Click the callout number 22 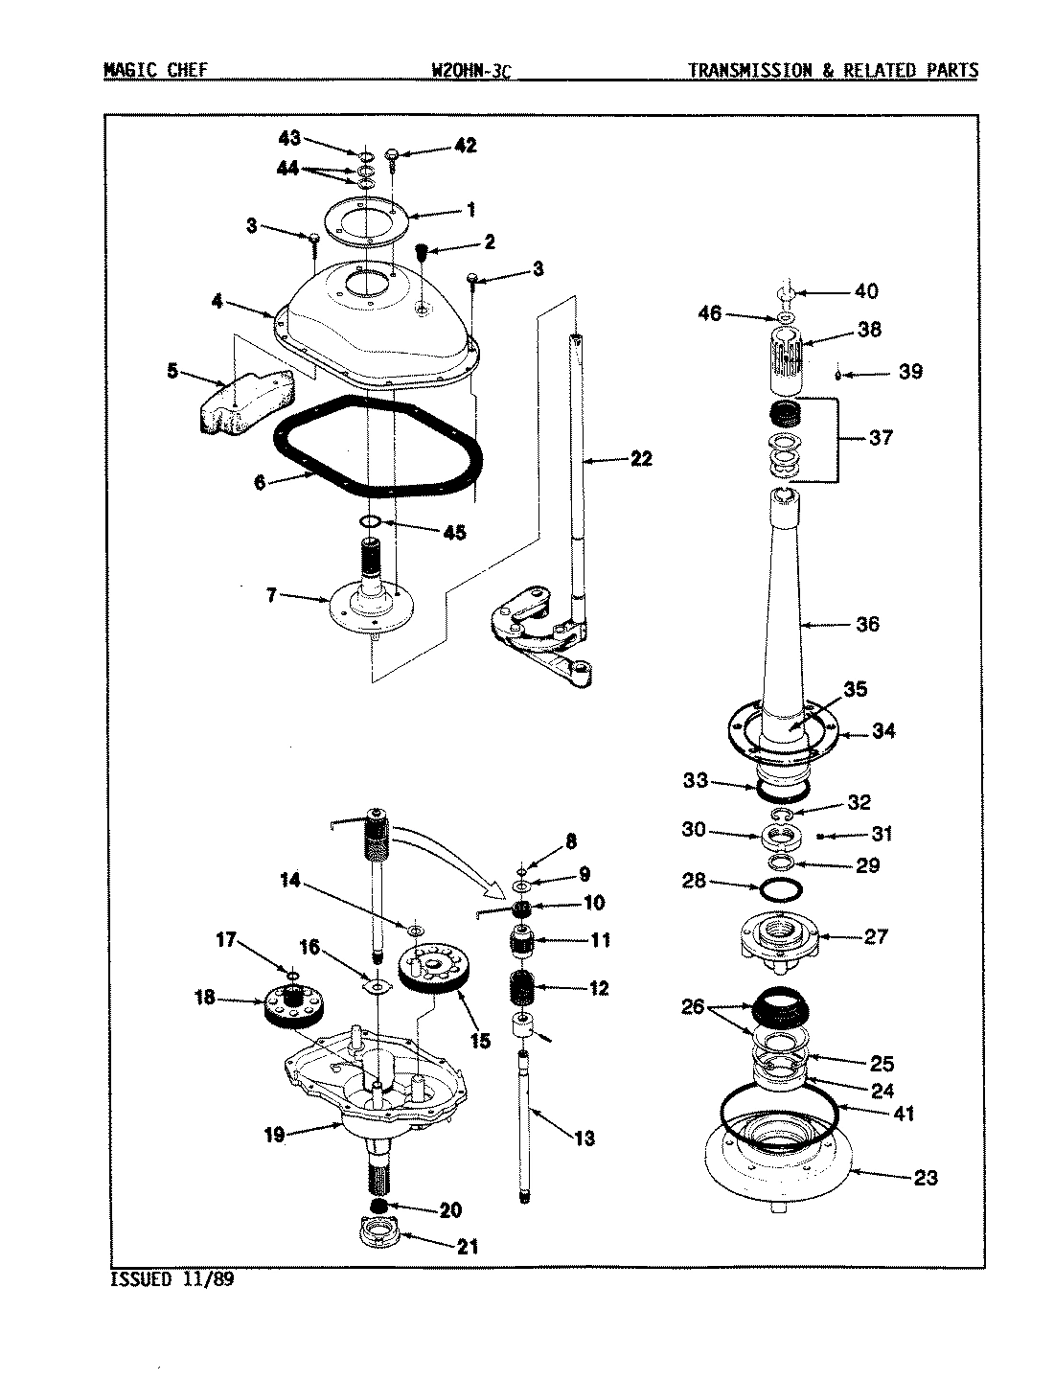click(x=640, y=459)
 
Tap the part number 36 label click(x=866, y=624)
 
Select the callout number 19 click(x=274, y=1135)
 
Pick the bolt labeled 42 click(x=394, y=153)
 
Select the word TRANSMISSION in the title click(x=747, y=70)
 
